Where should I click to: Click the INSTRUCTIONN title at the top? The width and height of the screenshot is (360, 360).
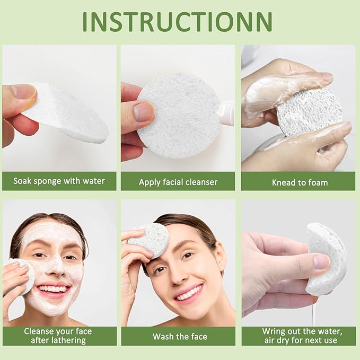point(178,21)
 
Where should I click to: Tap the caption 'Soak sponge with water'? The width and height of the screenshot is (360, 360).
point(59,181)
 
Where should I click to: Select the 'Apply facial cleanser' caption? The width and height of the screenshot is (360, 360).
point(178,182)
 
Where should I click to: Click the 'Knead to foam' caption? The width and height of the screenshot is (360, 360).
point(300,182)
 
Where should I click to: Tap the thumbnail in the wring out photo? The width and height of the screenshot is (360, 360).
point(321,261)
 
